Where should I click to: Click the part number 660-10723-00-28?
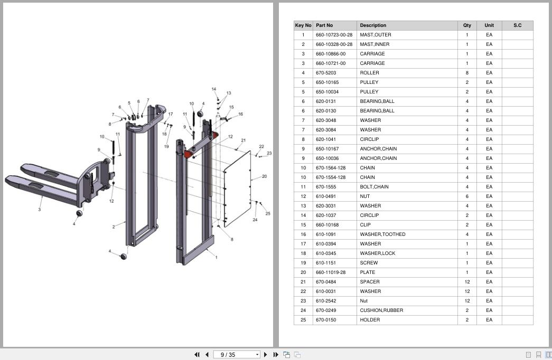(334, 35)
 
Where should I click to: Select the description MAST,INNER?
(375, 44)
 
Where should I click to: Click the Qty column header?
(467, 25)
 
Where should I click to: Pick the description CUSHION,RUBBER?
(381, 310)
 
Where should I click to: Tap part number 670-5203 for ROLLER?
(325, 73)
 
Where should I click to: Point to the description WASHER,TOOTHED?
(382, 234)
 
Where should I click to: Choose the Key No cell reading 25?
(303, 320)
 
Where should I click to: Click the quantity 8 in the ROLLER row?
(467, 73)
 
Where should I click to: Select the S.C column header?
(517, 25)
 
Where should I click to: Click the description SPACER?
(370, 282)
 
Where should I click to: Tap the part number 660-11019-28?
(331, 272)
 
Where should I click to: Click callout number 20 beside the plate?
(265, 176)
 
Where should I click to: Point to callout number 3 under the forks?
(40, 210)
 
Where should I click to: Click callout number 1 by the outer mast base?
(216, 257)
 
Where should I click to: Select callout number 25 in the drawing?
(268, 214)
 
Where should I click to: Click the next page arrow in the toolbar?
(266, 355)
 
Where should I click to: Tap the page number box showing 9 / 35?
(237, 355)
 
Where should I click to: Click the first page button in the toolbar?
(197, 355)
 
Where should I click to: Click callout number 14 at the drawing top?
(214, 89)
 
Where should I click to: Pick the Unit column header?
(489, 25)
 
